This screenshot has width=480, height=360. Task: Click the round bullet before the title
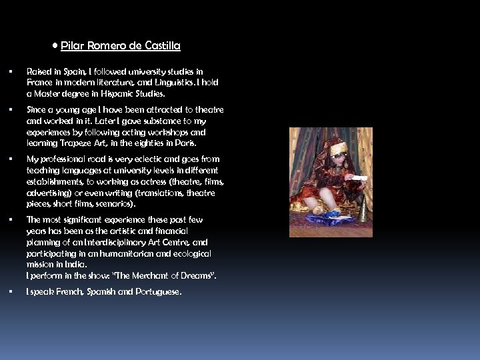(x=55, y=46)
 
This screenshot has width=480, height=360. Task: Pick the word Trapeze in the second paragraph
(x=75, y=143)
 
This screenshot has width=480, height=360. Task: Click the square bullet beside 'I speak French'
(x=11, y=292)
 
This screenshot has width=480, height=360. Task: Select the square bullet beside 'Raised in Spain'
(x=11, y=71)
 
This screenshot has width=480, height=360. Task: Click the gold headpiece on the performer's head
(x=339, y=148)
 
